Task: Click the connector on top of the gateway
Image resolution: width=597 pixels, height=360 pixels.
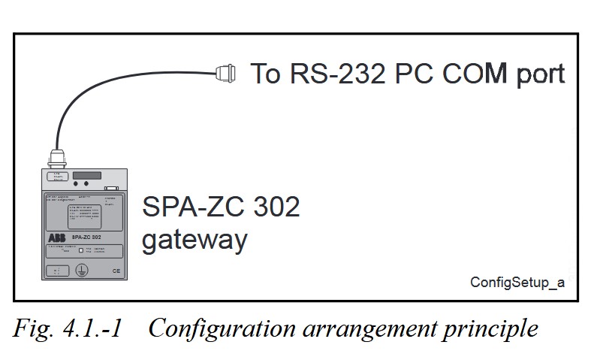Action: pyautogui.click(x=56, y=159)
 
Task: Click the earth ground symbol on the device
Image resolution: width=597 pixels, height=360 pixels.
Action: pyautogui.click(x=84, y=271)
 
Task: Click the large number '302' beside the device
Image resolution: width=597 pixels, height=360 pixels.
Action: pyautogui.click(x=273, y=207)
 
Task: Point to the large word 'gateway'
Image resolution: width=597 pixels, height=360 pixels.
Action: pyautogui.click(x=194, y=241)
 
